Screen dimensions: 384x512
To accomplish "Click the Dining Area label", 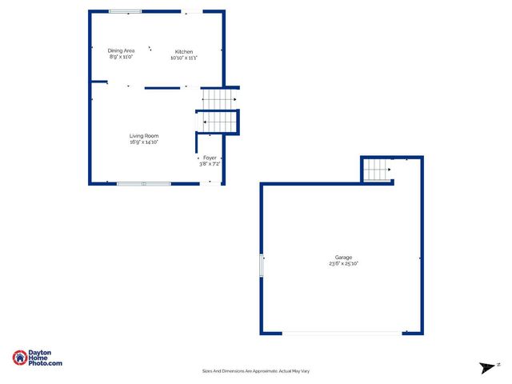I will tap(122, 50).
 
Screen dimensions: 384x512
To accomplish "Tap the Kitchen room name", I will tap(184, 51).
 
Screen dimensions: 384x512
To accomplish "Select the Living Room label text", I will tap(144, 136).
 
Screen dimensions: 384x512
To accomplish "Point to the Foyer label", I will tap(210, 158).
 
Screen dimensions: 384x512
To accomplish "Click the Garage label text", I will tap(343, 257).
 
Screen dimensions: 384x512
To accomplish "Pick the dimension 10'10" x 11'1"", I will tap(184, 58).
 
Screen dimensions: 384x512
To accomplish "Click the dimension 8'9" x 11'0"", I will tap(122, 57).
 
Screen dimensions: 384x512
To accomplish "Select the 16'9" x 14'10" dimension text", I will tap(144, 142).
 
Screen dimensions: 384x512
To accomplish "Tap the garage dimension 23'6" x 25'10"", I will tap(343, 263).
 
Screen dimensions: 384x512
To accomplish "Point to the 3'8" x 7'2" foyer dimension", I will tap(210, 163).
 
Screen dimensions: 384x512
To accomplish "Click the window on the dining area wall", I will tap(125, 11).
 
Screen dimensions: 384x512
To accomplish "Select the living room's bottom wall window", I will tap(144, 184).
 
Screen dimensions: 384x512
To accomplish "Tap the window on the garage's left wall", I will tap(261, 266).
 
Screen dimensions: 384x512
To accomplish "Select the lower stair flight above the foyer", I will tap(219, 122).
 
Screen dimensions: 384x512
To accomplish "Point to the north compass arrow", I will tap(485, 367).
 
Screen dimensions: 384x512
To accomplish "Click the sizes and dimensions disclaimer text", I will tap(256, 371).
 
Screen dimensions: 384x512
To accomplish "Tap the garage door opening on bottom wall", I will tap(342, 334).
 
